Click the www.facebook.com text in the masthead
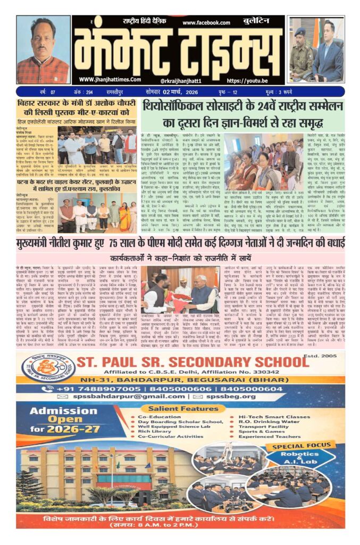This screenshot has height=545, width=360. coord(207,23)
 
